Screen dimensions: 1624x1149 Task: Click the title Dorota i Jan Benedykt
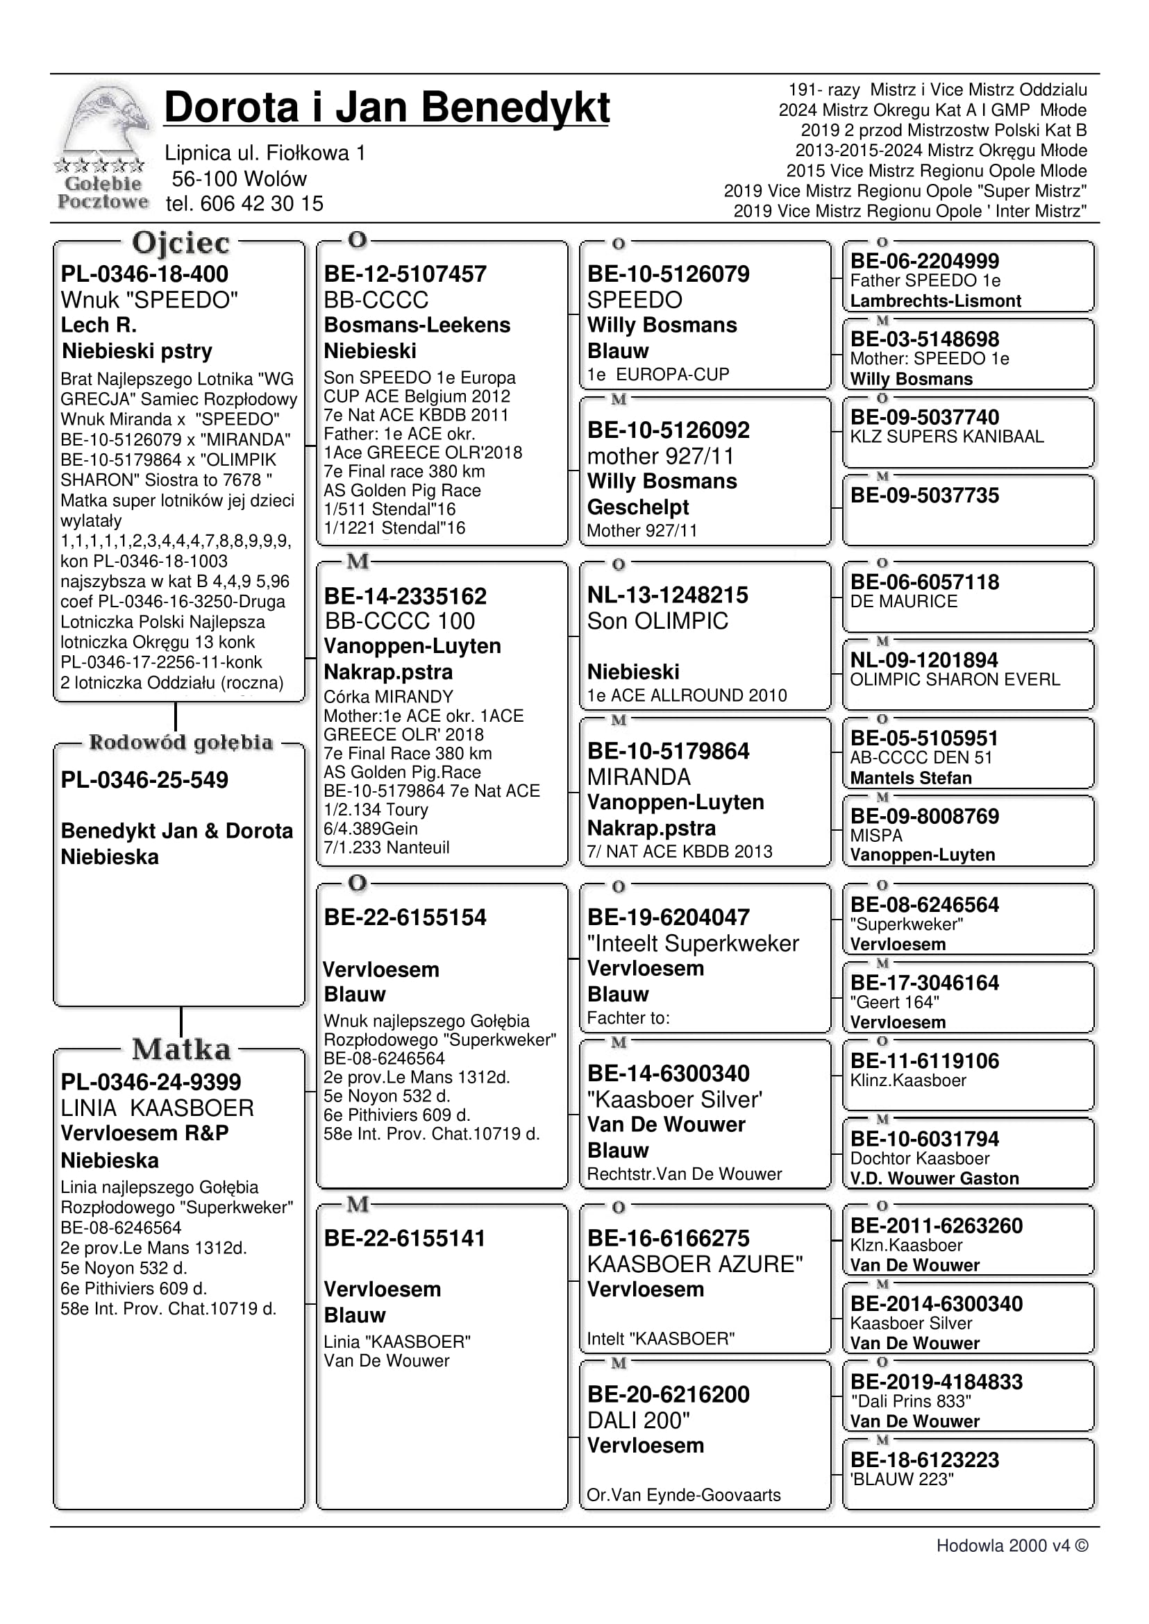[x=386, y=108]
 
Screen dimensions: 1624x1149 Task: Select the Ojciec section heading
[x=181, y=244]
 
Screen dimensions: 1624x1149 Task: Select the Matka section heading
[x=181, y=1049]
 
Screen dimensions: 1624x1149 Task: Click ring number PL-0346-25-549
[x=144, y=780]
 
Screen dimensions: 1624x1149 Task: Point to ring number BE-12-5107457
[x=405, y=274]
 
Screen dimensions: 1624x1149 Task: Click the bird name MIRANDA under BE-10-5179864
[x=638, y=777]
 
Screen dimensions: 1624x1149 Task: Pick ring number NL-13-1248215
[x=667, y=595]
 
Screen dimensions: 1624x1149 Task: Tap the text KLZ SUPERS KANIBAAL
[x=947, y=437]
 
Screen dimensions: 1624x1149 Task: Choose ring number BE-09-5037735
[x=924, y=495]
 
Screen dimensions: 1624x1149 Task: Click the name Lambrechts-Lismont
[x=935, y=301]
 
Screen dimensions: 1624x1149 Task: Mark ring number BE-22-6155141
[x=404, y=1239]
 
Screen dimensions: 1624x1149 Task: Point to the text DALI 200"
[x=638, y=1420]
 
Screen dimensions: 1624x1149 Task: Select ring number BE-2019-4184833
[x=936, y=1382]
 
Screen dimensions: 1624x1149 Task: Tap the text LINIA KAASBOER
[x=157, y=1108]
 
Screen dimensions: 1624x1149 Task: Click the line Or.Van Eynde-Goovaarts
[x=683, y=1496]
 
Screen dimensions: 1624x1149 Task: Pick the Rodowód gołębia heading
[x=181, y=743]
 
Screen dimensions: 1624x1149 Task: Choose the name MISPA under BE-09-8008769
[x=876, y=836]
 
